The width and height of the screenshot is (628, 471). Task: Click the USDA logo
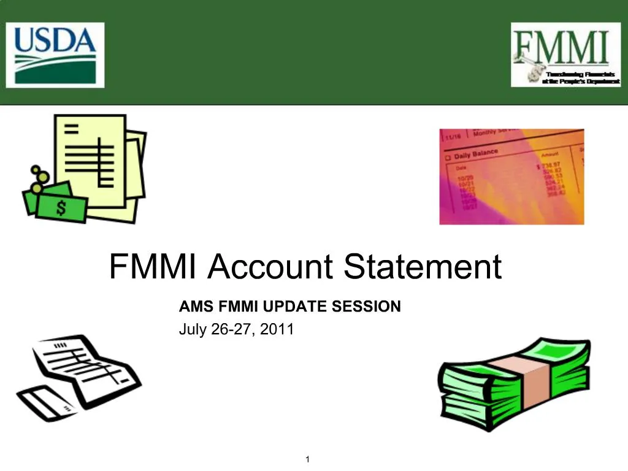(56, 54)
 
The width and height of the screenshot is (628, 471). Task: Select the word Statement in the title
(423, 267)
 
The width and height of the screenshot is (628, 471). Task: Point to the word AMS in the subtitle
(192, 305)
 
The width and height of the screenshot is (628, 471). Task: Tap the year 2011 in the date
(277, 329)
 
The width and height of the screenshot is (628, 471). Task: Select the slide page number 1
(307, 460)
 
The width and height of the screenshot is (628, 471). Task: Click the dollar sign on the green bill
(61, 208)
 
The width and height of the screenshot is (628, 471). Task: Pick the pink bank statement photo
(511, 177)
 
